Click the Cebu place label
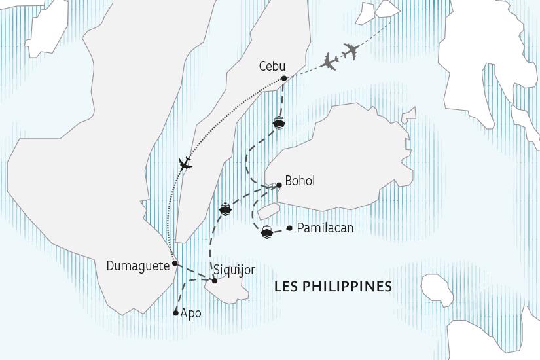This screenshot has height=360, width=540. pos(272,67)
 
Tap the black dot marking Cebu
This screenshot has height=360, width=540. pos(284,79)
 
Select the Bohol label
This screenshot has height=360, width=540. pos(300,181)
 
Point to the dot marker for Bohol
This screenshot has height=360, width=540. pos(279,185)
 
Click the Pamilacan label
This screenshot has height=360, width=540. pos(325,228)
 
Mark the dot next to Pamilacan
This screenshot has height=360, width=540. pos(289,228)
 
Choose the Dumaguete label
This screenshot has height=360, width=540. pos(138,266)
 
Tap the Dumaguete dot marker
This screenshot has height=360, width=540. pos(175,264)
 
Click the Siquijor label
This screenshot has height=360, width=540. pos(234,270)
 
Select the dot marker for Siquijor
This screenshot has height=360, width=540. pos(215,281)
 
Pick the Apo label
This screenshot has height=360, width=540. pos(190,314)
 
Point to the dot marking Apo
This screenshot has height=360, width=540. pos(175,313)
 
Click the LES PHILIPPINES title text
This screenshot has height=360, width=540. pos(333,287)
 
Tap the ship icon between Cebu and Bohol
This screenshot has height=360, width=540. pos(279,122)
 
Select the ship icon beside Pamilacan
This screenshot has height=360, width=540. pos(266,232)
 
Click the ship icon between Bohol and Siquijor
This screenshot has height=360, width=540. pos(225,209)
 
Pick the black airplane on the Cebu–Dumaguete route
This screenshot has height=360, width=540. pos(185,163)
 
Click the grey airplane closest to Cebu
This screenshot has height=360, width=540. pos(331,63)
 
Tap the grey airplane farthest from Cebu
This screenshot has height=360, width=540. pos(351,50)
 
